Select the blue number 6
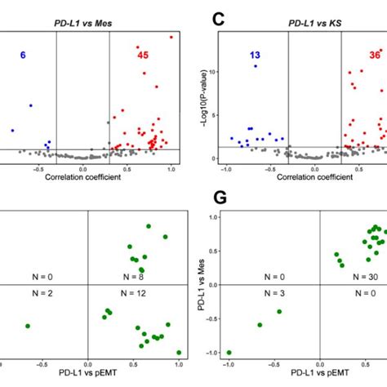pyautogui.click(x=23, y=55)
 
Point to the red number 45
pyautogui.click(x=143, y=55)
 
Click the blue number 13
pyautogui.click(x=255, y=55)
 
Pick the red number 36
pyautogui.click(x=375, y=55)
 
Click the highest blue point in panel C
pyautogui.click(x=256, y=66)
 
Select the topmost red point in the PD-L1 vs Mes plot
pyautogui.click(x=171, y=37)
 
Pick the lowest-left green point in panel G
pyautogui.click(x=229, y=352)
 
